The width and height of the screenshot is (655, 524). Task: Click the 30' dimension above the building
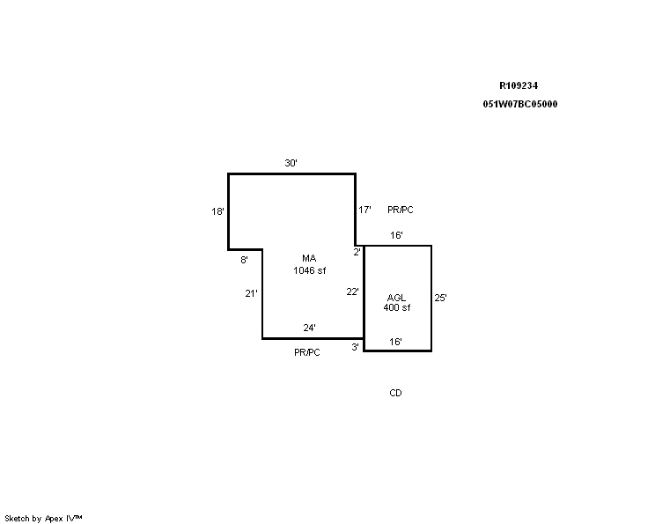pyautogui.click(x=291, y=163)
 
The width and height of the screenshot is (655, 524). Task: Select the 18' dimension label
pyautogui.click(x=217, y=211)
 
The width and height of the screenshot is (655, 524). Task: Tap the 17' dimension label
pyautogui.click(x=364, y=210)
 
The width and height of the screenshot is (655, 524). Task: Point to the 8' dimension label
pyautogui.click(x=245, y=260)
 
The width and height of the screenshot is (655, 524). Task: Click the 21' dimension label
pyautogui.click(x=251, y=294)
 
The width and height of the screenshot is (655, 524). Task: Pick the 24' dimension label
pyautogui.click(x=310, y=328)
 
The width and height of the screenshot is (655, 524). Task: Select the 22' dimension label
pyautogui.click(x=352, y=292)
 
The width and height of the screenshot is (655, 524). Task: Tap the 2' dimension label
pyautogui.click(x=357, y=252)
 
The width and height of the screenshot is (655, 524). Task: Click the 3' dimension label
pyautogui.click(x=355, y=347)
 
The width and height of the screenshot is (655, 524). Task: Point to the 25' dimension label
pyautogui.click(x=441, y=298)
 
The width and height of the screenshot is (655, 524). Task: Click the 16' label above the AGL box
pyautogui.click(x=396, y=235)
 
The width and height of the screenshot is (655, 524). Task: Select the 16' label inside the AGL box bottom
pyautogui.click(x=395, y=342)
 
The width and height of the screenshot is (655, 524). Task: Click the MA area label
pyautogui.click(x=309, y=258)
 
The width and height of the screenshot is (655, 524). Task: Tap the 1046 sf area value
pyautogui.click(x=310, y=270)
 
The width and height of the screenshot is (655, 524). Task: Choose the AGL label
pyautogui.click(x=396, y=298)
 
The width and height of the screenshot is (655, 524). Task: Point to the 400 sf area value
pyautogui.click(x=397, y=307)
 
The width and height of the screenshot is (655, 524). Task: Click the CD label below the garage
pyautogui.click(x=395, y=393)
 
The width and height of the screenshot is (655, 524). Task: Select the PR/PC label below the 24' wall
pyautogui.click(x=307, y=352)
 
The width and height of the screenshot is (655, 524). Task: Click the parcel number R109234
pyautogui.click(x=519, y=85)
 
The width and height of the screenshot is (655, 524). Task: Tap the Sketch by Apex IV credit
pyautogui.click(x=43, y=519)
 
